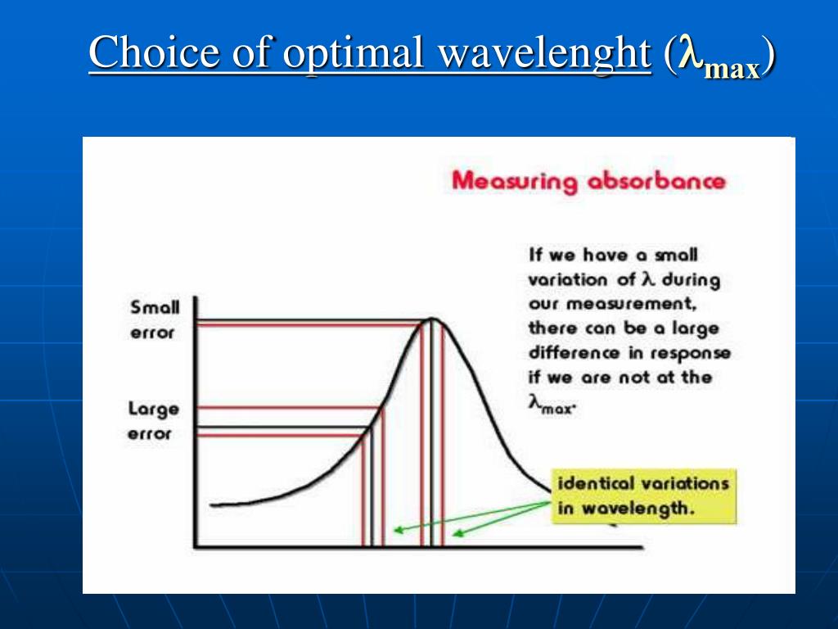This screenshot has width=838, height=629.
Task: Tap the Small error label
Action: point(154,320)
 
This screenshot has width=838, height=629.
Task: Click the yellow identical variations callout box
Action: point(643,496)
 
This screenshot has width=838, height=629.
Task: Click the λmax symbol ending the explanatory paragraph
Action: point(552,405)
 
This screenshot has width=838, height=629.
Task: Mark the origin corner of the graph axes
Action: point(195,546)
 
